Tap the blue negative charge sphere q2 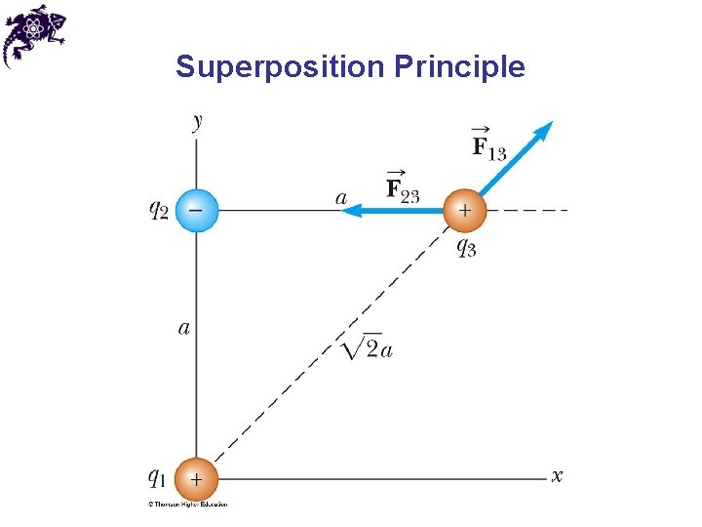197,210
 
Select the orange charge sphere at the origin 197,479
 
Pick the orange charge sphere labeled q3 464,210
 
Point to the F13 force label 488,145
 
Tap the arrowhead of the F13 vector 544,129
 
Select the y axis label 198,122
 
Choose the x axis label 557,476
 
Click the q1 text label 157,476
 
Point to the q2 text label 158,209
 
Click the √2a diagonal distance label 368,347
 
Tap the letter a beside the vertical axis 184,328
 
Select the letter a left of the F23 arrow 341,198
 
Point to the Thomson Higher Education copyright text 187,505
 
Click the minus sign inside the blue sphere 196,209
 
